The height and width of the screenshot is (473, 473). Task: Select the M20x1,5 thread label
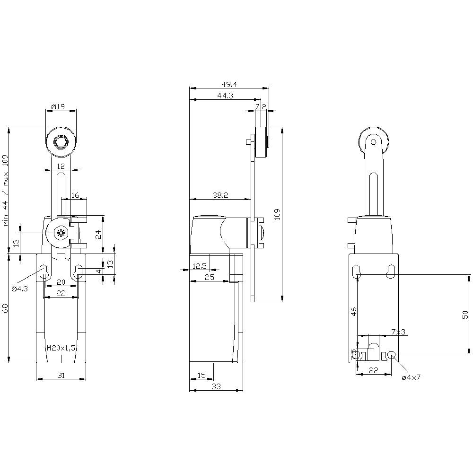(61, 348)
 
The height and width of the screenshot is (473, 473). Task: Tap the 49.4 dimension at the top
(229, 84)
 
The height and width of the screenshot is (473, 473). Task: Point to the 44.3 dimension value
(225, 96)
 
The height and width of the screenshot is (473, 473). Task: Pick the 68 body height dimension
(5, 308)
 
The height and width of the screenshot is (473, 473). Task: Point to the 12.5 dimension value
(200, 266)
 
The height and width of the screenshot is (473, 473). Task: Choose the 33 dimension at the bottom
(216, 387)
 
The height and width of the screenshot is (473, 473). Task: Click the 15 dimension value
(201, 375)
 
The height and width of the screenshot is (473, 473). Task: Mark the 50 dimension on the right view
(465, 314)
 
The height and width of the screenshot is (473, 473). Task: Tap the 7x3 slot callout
(398, 332)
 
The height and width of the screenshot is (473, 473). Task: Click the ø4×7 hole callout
(411, 377)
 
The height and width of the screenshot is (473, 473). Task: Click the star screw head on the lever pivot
(60, 232)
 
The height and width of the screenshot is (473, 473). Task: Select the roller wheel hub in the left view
(61, 142)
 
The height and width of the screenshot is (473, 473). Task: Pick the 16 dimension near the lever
(75, 195)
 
